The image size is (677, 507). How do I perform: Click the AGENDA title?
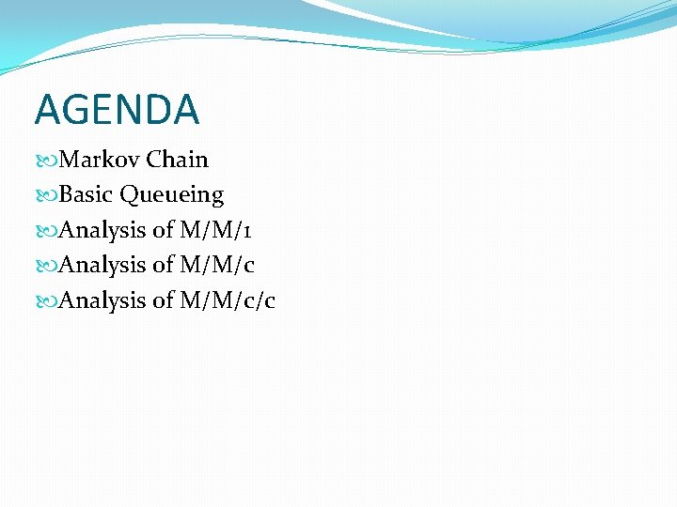(x=117, y=109)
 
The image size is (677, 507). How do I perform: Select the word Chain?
(x=177, y=160)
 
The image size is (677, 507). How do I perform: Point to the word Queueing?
(x=172, y=196)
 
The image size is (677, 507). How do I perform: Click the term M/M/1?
(x=215, y=230)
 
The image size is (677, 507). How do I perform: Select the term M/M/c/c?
(x=228, y=300)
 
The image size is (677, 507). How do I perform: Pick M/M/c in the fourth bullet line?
(x=217, y=266)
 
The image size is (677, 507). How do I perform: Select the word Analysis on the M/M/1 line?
(x=102, y=231)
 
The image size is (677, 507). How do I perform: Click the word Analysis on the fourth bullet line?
(x=102, y=266)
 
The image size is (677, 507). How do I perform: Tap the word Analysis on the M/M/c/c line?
(x=102, y=300)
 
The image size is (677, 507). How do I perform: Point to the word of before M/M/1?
(x=163, y=230)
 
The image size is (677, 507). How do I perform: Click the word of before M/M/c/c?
(x=163, y=300)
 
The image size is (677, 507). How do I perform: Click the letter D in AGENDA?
(x=151, y=109)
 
